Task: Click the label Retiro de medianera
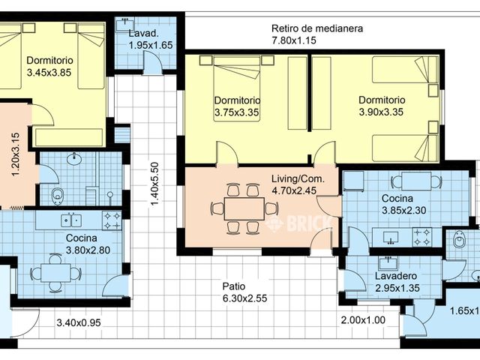[x=317, y=28]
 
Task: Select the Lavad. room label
[x=142, y=34]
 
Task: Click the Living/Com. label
[x=297, y=178]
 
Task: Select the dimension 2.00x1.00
[x=363, y=320]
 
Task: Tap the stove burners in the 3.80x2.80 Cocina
[x=112, y=220]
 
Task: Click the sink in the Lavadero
[x=388, y=262]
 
